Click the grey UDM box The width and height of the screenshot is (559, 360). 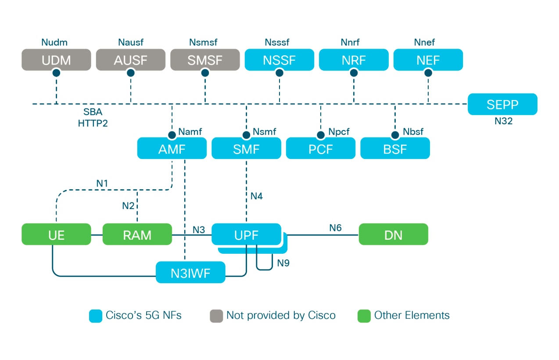point(56,60)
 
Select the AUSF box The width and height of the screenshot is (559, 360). point(131,60)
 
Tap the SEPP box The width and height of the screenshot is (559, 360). point(502,104)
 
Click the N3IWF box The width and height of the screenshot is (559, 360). point(190,273)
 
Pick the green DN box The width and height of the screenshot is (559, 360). point(393,235)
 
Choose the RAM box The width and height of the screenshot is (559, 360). point(137,235)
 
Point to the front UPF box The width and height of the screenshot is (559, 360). point(246,234)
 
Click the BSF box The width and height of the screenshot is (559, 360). point(395,149)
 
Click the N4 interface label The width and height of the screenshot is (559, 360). point(256,196)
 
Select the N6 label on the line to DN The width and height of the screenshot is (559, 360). point(335,227)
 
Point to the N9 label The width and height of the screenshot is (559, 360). point(283,263)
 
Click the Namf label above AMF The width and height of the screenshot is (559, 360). point(190,131)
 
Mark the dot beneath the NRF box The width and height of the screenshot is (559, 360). point(354,73)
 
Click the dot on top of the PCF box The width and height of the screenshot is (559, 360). point(321,135)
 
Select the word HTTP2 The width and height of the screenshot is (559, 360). point(93,123)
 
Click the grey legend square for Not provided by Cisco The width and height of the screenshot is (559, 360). point(216,316)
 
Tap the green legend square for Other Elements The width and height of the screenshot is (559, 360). point(364,316)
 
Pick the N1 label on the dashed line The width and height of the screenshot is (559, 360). point(102,183)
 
